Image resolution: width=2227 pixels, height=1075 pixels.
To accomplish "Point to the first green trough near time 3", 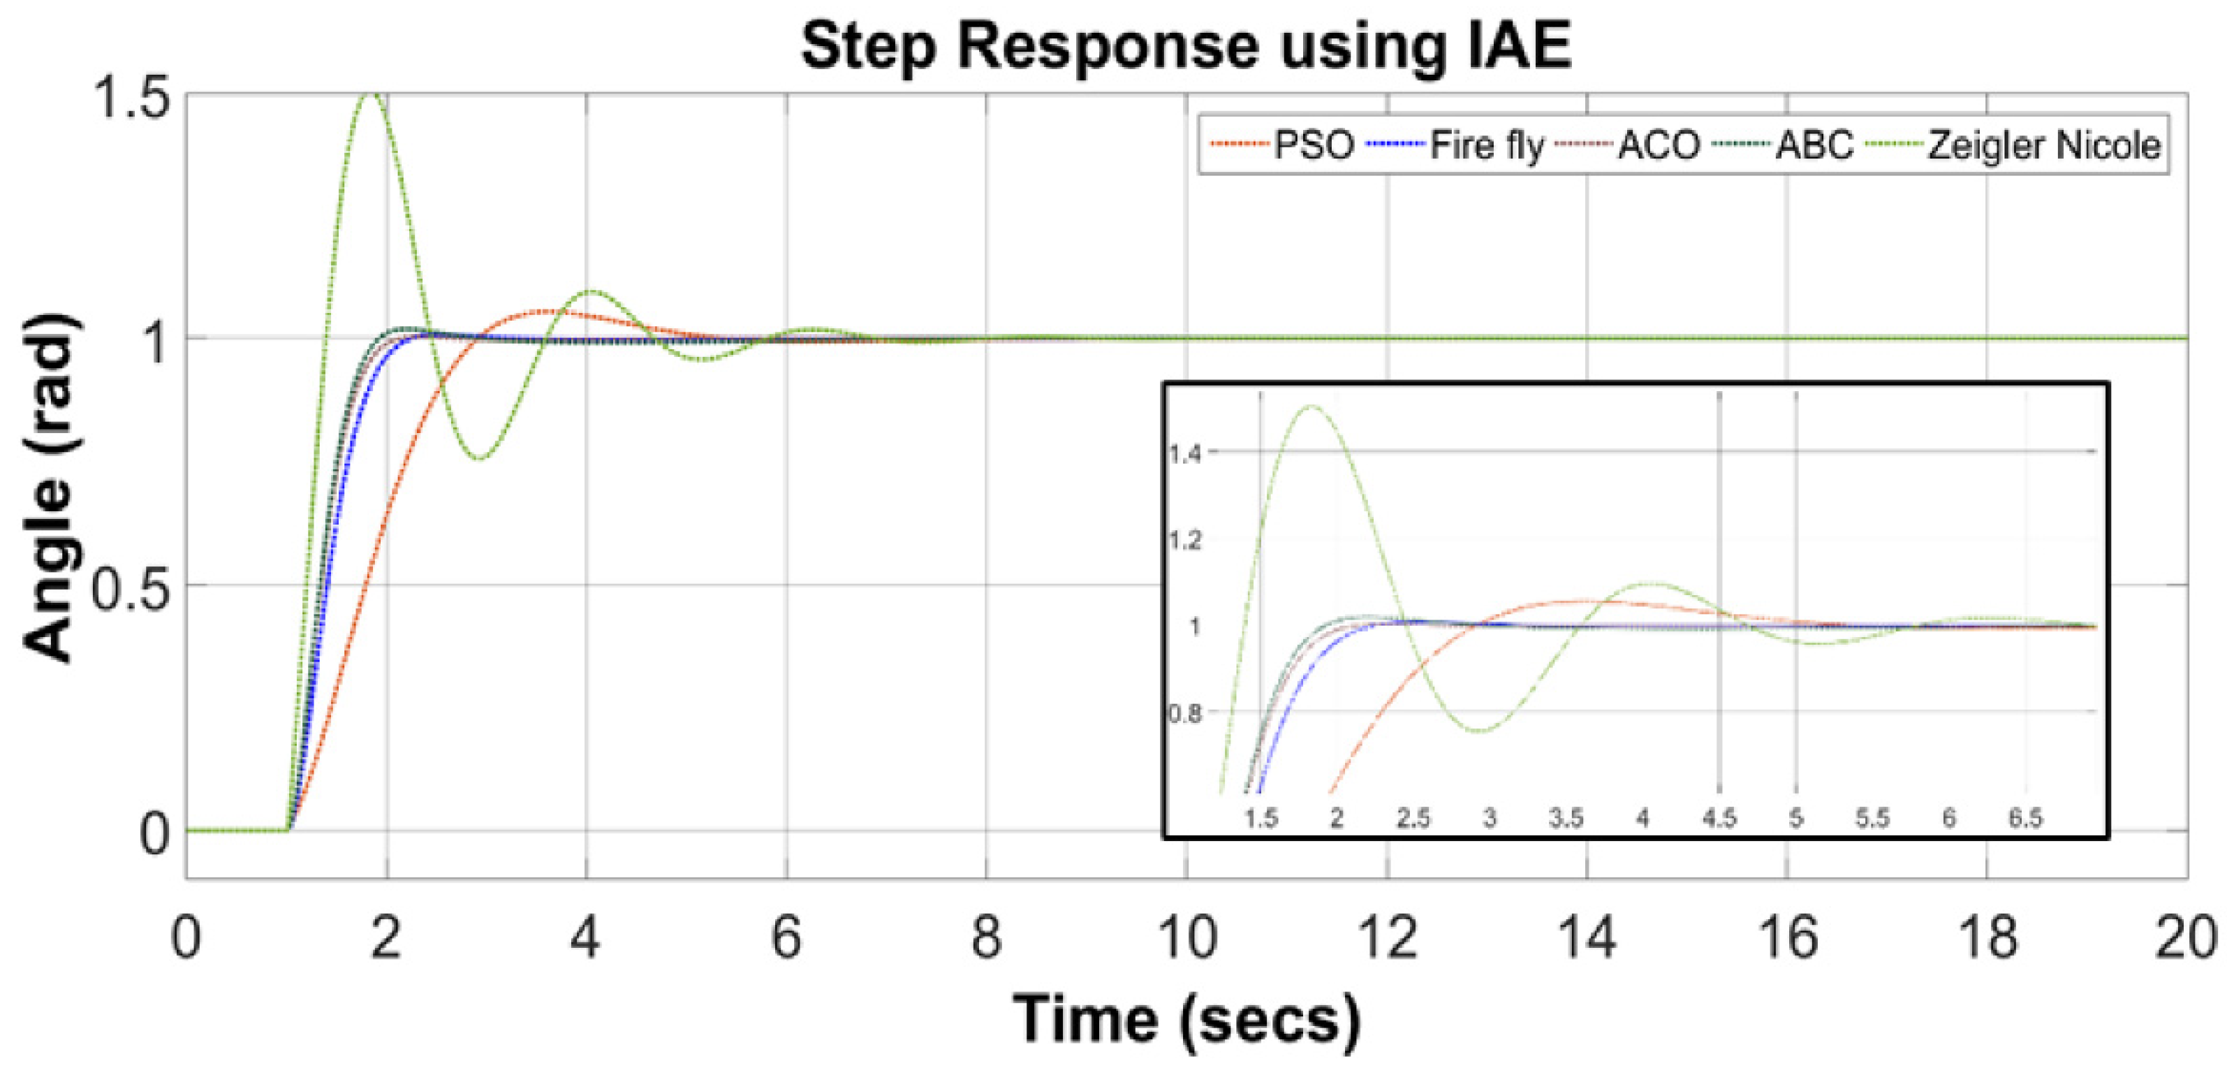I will click(x=480, y=458).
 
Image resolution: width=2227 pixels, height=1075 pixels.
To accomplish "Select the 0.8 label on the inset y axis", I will click(x=1184, y=713).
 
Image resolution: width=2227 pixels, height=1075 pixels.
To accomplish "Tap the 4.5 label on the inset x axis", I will click(x=1719, y=817).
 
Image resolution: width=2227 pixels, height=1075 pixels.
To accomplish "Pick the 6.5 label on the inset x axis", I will click(x=2024, y=817).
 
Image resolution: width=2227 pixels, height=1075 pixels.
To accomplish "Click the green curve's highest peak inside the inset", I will click(x=1311, y=406).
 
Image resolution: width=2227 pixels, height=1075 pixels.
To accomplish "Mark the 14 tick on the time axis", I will click(x=1587, y=937).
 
